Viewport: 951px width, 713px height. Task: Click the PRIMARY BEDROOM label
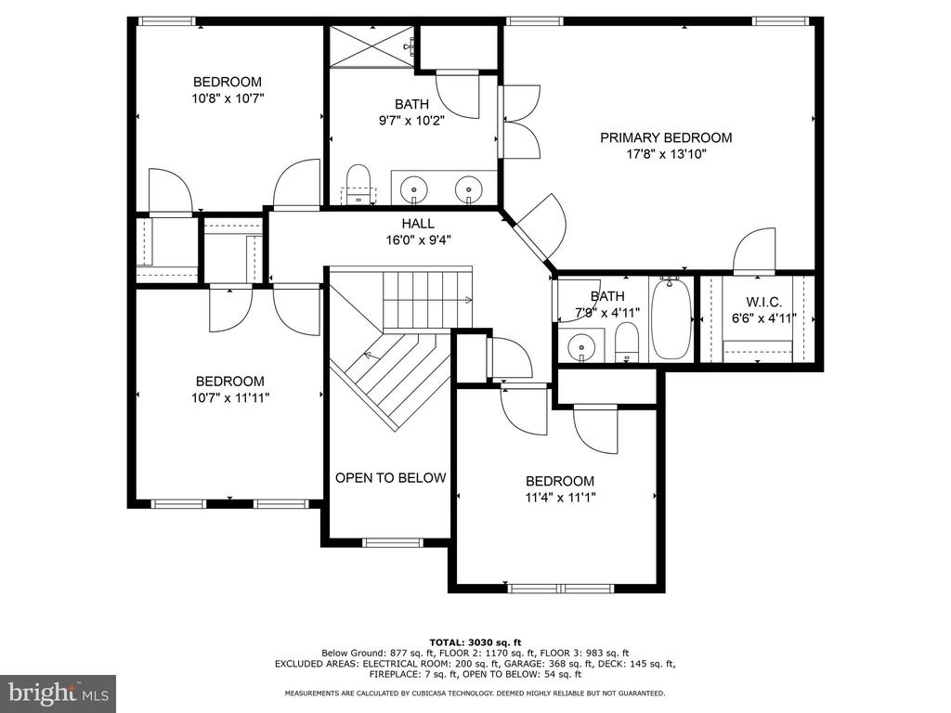tap(666, 137)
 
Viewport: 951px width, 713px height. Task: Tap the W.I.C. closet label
tap(763, 302)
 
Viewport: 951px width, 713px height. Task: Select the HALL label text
tap(418, 224)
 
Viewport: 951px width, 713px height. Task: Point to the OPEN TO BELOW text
tap(391, 478)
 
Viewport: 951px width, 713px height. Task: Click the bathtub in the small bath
tap(671, 318)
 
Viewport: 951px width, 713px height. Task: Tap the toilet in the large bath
tap(359, 185)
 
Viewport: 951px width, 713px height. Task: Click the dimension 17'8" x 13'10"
tap(666, 154)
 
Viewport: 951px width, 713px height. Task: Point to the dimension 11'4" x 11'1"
tap(560, 498)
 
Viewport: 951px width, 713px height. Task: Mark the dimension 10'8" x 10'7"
tap(228, 98)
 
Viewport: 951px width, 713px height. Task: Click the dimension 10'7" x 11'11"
tap(230, 397)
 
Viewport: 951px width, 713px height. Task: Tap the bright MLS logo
tap(59, 693)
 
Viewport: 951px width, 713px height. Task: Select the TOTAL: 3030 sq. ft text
tap(475, 642)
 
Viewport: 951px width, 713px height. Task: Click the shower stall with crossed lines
tap(371, 46)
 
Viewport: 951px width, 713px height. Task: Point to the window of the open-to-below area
tap(393, 542)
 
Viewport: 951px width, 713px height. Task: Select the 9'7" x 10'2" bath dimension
tap(411, 121)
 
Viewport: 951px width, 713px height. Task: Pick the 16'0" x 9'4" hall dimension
tap(418, 240)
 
